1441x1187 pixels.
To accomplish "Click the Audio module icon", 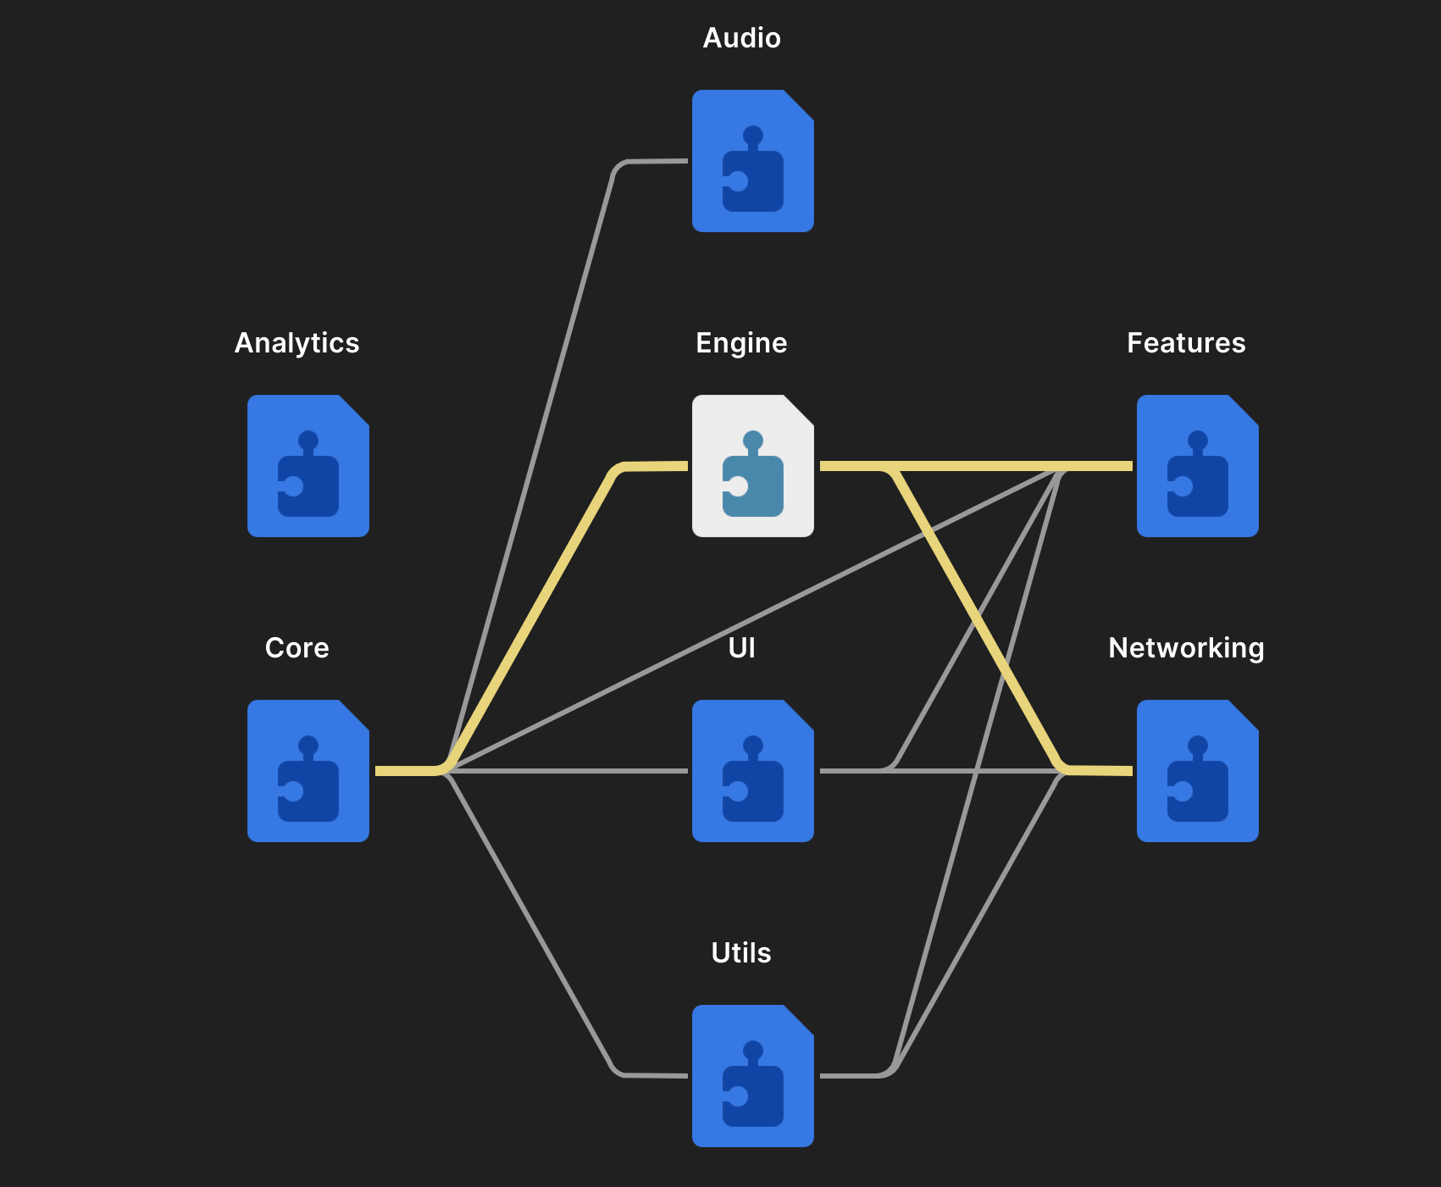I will coord(752,161).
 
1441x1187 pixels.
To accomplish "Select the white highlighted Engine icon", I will coord(752,466).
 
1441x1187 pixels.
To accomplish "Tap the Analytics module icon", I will coord(308,466).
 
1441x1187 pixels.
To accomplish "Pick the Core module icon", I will coord(308,771).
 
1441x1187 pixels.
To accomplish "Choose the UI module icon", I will coord(752,771).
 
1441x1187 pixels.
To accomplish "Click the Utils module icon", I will coord(752,1076).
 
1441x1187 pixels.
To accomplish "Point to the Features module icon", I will coord(1197,466).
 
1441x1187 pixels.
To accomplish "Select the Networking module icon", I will coord(1197,771).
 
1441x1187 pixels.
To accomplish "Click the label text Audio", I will coord(741,38).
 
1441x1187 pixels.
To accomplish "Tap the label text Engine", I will coord(741,343).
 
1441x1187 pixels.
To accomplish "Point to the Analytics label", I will coord(297,343).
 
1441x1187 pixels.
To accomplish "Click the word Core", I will coord(297,648).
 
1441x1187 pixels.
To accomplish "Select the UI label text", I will coord(741,648).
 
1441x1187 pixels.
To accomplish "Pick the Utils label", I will coord(741,953).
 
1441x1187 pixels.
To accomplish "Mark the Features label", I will coord(1186,343).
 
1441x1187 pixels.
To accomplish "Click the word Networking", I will coord(1186,648).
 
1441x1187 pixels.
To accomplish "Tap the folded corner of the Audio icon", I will coord(801,104).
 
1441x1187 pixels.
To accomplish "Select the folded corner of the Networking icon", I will coord(1245,714).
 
